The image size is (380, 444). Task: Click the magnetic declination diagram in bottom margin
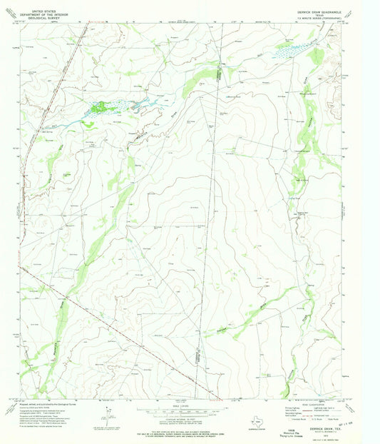tap(106, 412)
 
